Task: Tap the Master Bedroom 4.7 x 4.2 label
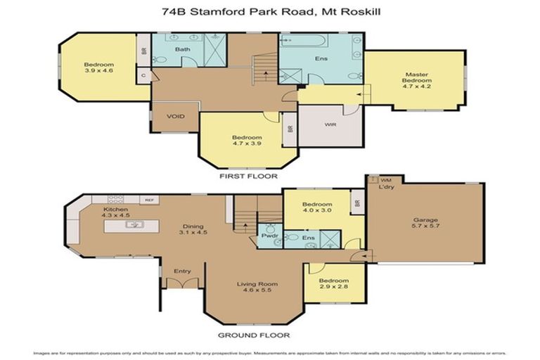coord(416,78)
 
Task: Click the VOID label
coord(175,117)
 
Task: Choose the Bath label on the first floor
coord(183,49)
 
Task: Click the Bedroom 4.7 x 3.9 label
coord(247,141)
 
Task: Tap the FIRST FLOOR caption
coord(249,176)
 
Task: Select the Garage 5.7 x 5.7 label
coord(425,224)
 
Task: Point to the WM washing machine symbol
coord(385,180)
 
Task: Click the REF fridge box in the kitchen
coord(149,200)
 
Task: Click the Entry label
coord(182,271)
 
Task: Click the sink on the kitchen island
coord(134,225)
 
